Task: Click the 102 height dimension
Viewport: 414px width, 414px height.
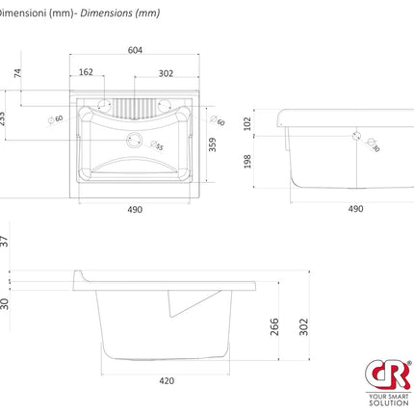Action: [x=248, y=124]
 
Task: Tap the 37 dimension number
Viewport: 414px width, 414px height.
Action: [x=5, y=241]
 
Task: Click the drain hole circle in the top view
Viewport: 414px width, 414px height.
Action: [x=135, y=139]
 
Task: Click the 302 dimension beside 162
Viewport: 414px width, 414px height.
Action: [x=166, y=72]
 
